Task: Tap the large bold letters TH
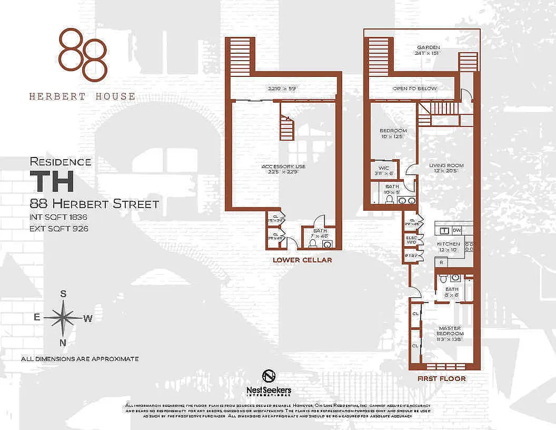tap(52, 182)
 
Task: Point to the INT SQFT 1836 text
tap(59, 218)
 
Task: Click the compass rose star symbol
tap(63, 318)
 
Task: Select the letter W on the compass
tap(88, 318)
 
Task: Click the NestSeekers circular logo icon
tap(269, 376)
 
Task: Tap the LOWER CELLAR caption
tap(302, 260)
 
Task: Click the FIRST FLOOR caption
tap(442, 378)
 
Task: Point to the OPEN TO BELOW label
tap(414, 88)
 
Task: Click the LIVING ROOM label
tap(446, 166)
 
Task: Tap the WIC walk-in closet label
tap(384, 168)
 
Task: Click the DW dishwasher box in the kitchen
tap(457, 230)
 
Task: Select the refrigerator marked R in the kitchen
tap(441, 263)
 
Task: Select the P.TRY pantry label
tap(412, 256)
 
